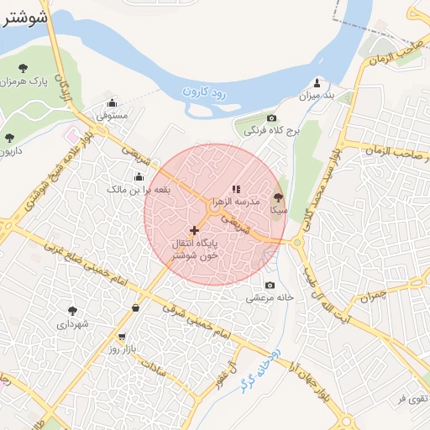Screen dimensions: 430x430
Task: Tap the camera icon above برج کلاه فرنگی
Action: point(271,118)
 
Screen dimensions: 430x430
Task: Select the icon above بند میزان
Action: point(317,82)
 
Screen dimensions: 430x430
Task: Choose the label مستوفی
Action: point(112,115)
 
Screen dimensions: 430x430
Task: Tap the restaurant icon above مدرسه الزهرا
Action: point(236,189)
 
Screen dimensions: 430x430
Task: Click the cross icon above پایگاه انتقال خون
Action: point(195,229)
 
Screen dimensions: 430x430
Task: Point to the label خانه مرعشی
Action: point(270,296)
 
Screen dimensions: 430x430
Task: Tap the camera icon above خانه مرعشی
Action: point(270,284)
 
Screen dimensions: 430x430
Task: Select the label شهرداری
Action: point(73,322)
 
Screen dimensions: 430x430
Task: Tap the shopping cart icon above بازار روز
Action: point(122,336)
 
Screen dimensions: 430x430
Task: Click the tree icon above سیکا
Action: point(278,197)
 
